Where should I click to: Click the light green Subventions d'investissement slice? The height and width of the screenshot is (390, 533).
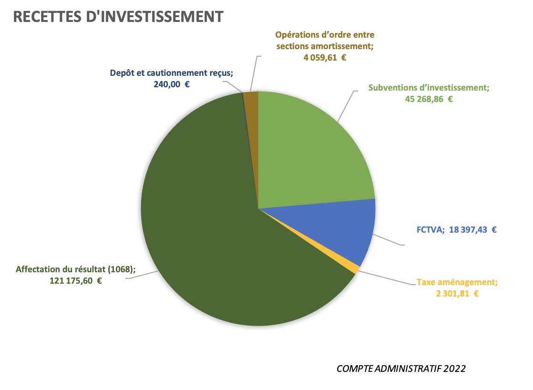310,153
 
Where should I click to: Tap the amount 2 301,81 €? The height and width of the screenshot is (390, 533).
457,293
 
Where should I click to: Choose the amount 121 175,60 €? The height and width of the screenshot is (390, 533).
76,281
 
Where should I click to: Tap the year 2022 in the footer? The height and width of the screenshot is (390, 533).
454,369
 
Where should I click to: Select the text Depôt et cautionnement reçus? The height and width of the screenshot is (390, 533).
171,73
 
